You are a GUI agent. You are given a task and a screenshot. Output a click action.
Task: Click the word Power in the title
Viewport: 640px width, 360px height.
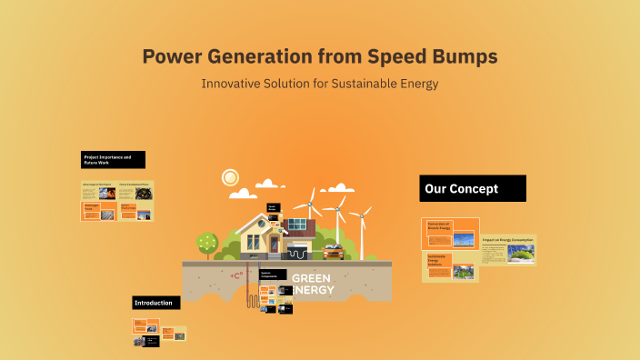click(173, 56)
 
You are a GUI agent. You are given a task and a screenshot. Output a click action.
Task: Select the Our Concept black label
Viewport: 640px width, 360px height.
click(472, 189)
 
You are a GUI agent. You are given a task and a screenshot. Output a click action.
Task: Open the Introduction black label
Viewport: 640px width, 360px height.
click(156, 302)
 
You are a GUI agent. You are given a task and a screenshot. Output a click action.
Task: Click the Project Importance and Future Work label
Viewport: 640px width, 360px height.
click(113, 160)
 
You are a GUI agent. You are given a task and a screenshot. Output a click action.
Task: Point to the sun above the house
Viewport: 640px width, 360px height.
click(230, 176)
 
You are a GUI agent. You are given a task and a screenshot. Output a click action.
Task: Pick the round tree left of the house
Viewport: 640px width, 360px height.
click(207, 242)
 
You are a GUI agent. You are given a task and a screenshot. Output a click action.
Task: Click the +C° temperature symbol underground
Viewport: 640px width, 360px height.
click(236, 275)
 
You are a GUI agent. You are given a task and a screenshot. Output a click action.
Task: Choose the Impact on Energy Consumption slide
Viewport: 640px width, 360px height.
click(508, 250)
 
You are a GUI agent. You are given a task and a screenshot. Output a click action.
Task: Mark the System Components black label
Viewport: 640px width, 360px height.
click(273, 275)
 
